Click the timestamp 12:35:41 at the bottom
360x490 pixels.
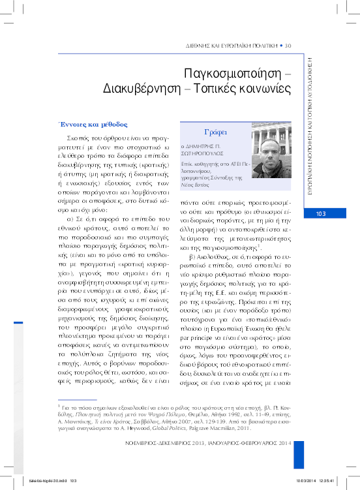coord(341,481)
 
